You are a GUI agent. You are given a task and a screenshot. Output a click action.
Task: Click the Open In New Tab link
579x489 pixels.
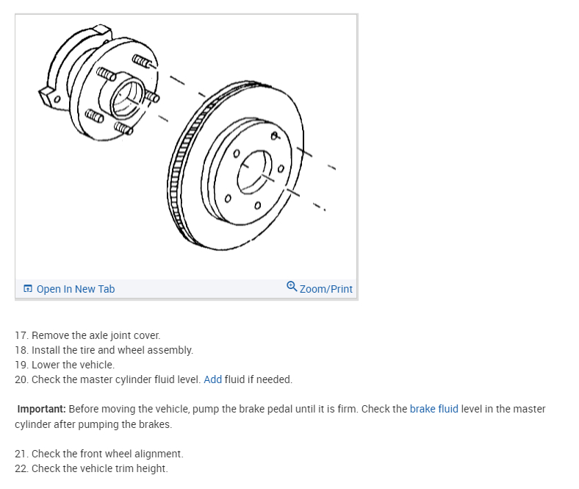(x=75, y=289)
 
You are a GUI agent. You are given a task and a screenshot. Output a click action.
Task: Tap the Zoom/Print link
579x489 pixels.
(x=326, y=289)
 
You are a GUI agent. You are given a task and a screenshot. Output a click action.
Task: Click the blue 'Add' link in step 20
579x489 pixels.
(x=212, y=379)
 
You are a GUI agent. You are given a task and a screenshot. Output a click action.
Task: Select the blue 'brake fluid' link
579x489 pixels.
(x=434, y=409)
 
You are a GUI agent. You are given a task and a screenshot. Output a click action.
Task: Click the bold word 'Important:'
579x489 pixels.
(x=41, y=409)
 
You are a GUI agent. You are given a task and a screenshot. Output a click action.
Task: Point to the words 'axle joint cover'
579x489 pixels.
(x=125, y=335)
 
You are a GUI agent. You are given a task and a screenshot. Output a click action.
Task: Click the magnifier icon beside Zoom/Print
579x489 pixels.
(x=292, y=288)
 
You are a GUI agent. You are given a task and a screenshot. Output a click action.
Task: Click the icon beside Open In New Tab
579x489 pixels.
(x=27, y=289)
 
